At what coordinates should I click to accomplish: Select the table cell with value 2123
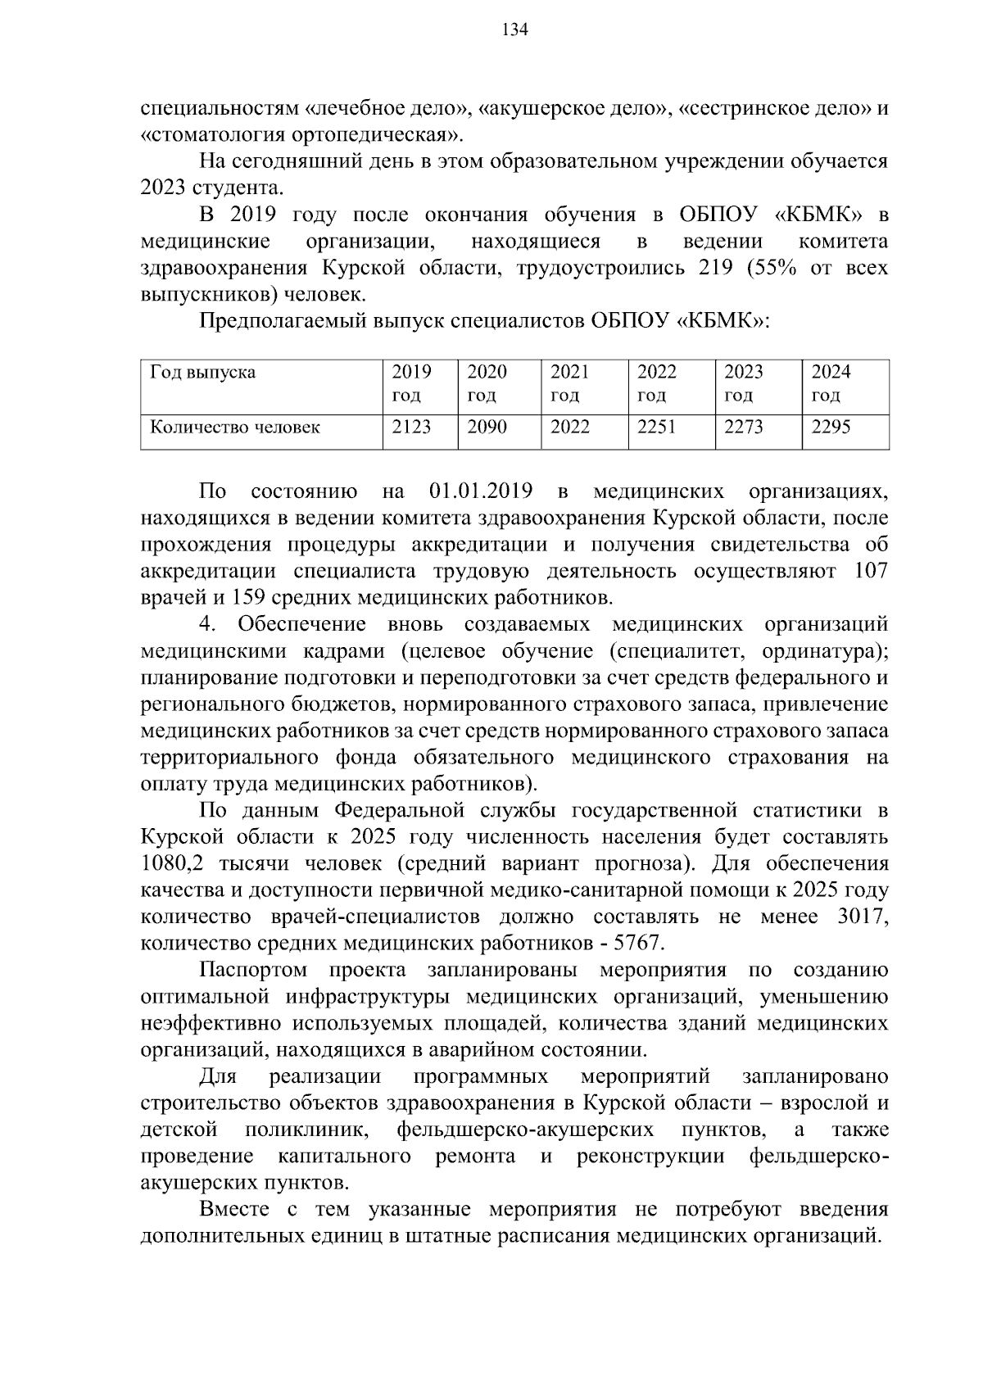411,427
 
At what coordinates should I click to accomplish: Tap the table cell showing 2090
487,427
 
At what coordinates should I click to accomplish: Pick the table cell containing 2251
657,427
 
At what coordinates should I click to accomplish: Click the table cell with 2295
831,427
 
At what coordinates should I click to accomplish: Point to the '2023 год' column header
744,383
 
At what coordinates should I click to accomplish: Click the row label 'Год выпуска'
202,373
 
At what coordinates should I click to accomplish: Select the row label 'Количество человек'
235,427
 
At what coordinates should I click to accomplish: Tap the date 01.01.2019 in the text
481,491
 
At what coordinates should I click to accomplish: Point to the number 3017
863,917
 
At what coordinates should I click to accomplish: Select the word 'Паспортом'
253,971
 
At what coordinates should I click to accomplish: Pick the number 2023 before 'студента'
163,188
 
